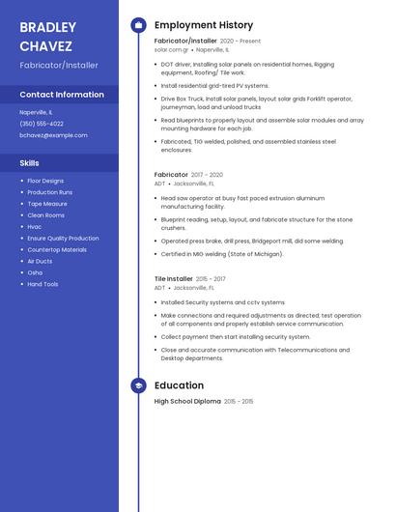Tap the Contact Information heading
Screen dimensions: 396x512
(x=62, y=95)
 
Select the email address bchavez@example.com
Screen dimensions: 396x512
(x=53, y=135)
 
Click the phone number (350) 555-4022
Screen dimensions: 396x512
(x=42, y=124)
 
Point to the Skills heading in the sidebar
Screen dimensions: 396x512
(x=29, y=163)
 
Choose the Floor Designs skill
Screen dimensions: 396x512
(x=45, y=181)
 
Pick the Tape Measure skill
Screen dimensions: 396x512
(x=47, y=204)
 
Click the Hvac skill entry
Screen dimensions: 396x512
(x=35, y=227)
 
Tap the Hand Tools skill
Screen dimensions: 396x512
(x=42, y=284)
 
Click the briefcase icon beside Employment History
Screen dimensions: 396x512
(x=138, y=25)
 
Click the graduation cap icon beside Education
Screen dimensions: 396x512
(x=138, y=385)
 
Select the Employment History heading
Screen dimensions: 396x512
(x=204, y=25)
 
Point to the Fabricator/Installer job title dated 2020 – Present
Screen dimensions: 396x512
(x=185, y=42)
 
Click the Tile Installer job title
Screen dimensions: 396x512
(x=174, y=278)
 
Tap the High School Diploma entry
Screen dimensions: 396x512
(x=187, y=401)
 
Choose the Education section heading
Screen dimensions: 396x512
(x=179, y=385)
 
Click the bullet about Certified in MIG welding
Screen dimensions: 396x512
(x=221, y=254)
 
